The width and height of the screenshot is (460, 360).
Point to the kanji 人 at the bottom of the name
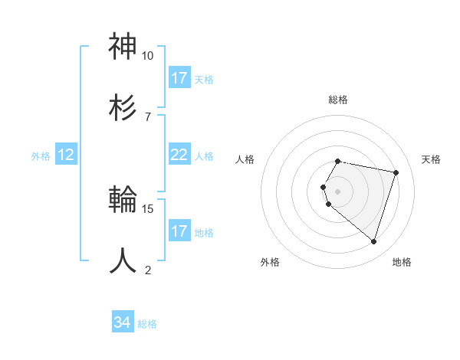point(123,260)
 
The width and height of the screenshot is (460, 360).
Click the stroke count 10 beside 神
point(147,56)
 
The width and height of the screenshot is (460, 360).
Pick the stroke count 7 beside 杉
point(147,116)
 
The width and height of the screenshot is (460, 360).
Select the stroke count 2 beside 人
point(147,270)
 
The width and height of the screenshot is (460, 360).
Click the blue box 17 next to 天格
point(179,78)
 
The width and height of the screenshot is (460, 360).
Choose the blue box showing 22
point(179,155)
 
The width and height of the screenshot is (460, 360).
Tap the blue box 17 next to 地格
point(179,231)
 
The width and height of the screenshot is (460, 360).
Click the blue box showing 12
point(66,155)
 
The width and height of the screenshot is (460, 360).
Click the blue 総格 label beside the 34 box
point(147,324)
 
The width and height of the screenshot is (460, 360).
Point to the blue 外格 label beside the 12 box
point(41,156)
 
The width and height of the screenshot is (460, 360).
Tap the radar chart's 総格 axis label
point(338,100)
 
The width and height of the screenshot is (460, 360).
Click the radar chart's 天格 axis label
point(432,159)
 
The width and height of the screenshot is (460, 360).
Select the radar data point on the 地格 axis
point(374,242)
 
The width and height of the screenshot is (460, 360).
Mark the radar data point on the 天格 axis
point(396,172)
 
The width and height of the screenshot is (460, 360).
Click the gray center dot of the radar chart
point(338,191)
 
